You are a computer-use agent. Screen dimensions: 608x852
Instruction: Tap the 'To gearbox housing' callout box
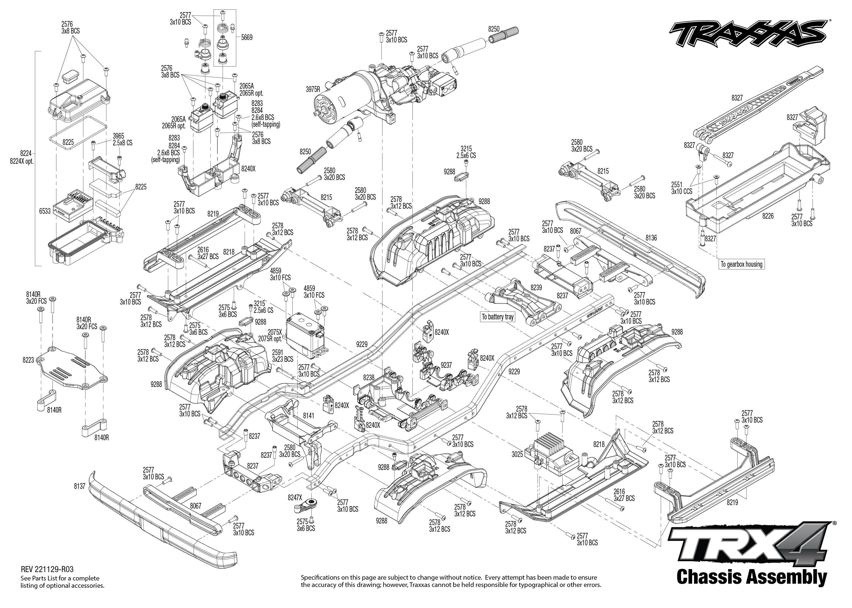click(x=741, y=264)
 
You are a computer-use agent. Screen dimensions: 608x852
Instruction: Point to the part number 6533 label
click(x=45, y=211)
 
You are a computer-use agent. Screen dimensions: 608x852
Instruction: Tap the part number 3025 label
click(x=517, y=455)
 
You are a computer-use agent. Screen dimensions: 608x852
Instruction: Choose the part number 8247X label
click(x=295, y=497)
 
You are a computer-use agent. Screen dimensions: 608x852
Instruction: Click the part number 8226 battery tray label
click(x=768, y=216)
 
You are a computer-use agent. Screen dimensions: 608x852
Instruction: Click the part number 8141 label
click(x=309, y=416)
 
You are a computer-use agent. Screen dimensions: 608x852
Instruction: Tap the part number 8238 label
click(x=369, y=378)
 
